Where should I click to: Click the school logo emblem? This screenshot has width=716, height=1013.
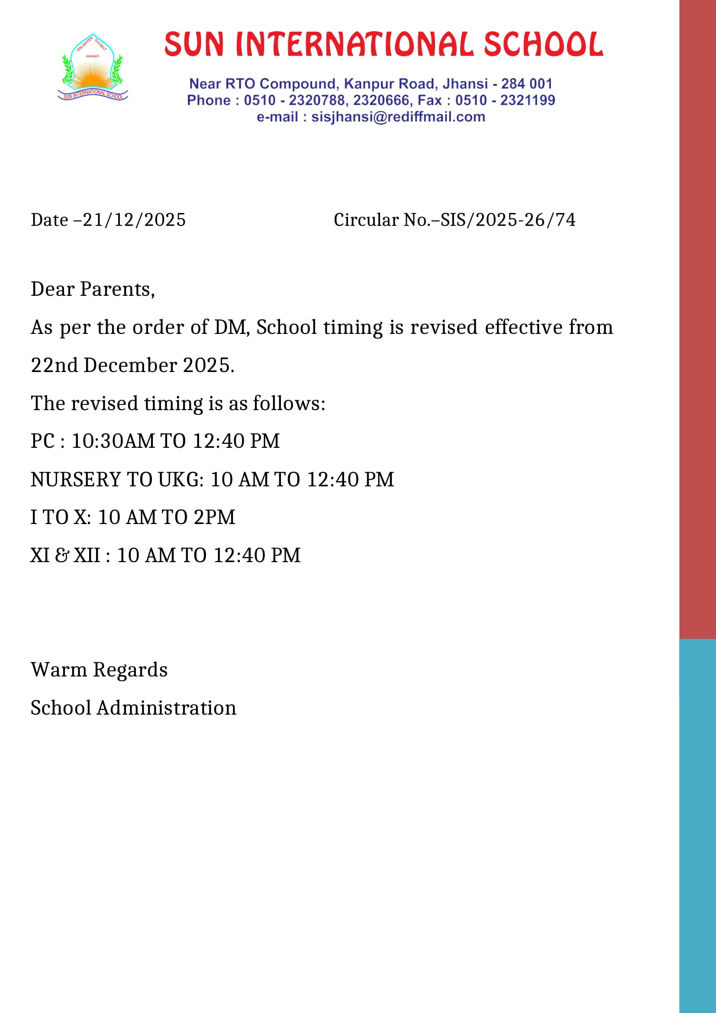(x=93, y=67)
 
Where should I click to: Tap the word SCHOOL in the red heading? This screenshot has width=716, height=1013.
(x=543, y=45)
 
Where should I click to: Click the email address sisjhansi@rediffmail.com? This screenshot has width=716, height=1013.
(x=398, y=117)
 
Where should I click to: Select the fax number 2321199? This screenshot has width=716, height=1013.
(x=527, y=100)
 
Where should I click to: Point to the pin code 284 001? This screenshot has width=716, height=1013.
(x=526, y=84)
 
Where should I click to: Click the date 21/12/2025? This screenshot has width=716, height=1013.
(x=134, y=220)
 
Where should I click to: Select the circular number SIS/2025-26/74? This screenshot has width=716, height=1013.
(x=508, y=220)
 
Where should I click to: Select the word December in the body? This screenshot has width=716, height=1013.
(x=130, y=366)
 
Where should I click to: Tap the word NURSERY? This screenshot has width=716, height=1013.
(x=75, y=479)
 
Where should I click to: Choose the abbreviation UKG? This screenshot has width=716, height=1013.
(x=181, y=479)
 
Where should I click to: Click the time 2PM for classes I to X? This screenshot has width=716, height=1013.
(x=214, y=518)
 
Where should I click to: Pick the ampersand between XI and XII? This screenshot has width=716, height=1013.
(x=62, y=556)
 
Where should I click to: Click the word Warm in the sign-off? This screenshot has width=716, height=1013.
(x=58, y=670)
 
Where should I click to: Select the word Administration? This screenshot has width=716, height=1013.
(x=167, y=708)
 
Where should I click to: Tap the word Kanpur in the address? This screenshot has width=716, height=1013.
(x=369, y=84)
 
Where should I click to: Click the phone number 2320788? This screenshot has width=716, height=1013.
(x=317, y=100)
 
